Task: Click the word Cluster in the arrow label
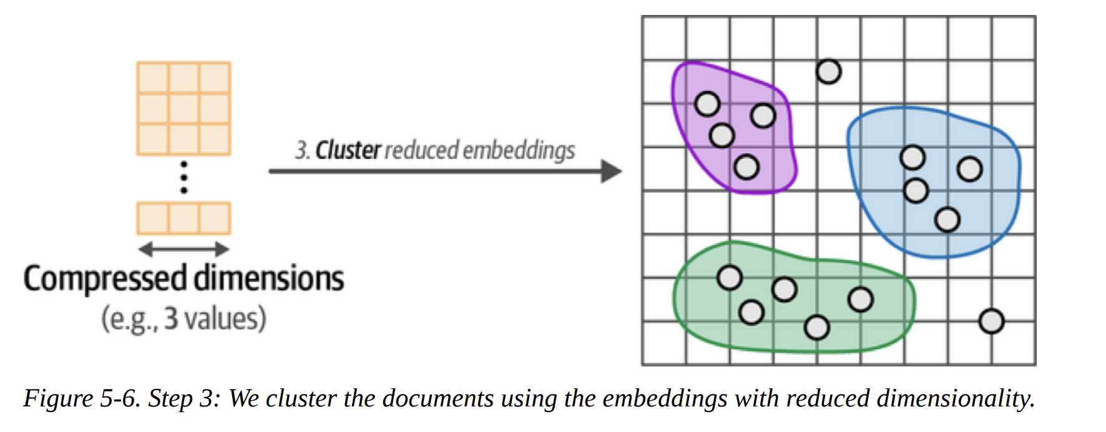click(348, 150)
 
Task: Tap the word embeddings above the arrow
click(519, 150)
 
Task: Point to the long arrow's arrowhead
click(611, 171)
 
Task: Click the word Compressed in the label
click(105, 278)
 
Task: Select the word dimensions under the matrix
click(268, 278)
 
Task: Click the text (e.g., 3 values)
click(184, 318)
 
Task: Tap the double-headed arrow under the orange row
click(184, 250)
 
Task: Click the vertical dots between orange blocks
click(184, 178)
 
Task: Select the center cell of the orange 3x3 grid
click(184, 109)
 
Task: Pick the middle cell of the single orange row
click(184, 218)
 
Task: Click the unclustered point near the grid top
click(828, 72)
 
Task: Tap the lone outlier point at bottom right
click(991, 322)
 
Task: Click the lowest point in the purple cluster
click(746, 167)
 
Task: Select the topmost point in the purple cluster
click(707, 104)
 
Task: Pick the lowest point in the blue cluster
click(947, 220)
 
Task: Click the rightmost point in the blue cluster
click(969, 169)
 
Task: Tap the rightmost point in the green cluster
click(860, 300)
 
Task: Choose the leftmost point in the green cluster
click(729, 278)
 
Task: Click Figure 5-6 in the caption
click(82, 398)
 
